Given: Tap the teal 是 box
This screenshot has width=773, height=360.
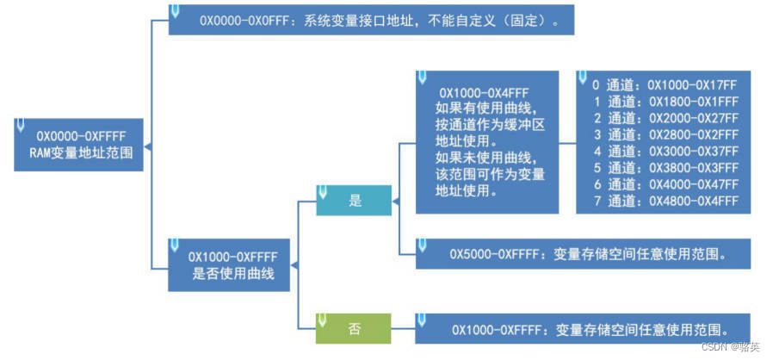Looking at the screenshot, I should pyautogui.click(x=354, y=201).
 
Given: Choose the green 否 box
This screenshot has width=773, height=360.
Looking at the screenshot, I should pyautogui.click(x=354, y=328).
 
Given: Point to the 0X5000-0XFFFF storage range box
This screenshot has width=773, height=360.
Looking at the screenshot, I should pyautogui.click(x=582, y=254).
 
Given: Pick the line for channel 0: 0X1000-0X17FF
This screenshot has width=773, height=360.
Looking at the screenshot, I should pyautogui.click(x=665, y=85).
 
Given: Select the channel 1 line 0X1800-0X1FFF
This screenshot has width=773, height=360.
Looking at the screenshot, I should pyautogui.click(x=665, y=102).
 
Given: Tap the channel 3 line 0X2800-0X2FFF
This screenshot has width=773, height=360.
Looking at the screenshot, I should pyautogui.click(x=665, y=134).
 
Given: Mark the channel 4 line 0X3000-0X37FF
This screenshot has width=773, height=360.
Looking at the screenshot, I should pyautogui.click(x=665, y=152).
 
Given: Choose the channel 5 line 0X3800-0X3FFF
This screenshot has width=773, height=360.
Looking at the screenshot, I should pyautogui.click(x=665, y=168).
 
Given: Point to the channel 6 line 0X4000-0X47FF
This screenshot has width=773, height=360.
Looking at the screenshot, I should pyautogui.click(x=665, y=184).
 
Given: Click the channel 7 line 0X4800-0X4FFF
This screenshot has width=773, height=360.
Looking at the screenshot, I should pyautogui.click(x=665, y=201).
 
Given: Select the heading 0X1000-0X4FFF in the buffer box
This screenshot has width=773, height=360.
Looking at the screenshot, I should pyautogui.click(x=484, y=92).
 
